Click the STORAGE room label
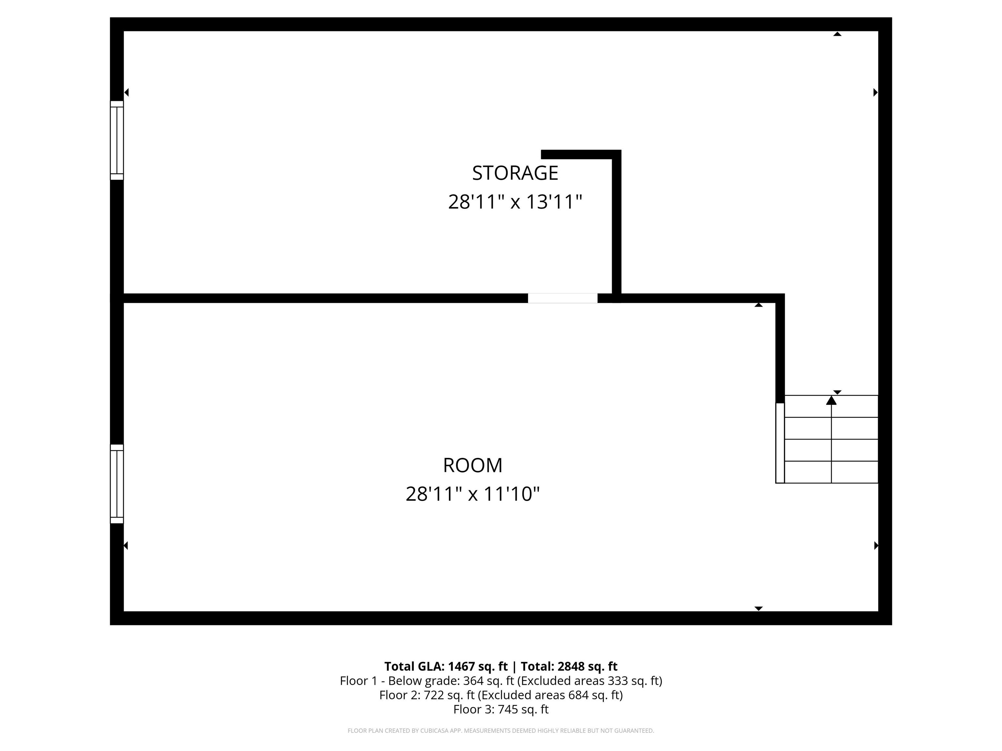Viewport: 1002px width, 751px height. click(x=515, y=173)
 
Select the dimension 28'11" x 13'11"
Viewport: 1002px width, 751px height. click(x=515, y=202)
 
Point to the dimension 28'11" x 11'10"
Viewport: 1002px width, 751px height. click(x=473, y=494)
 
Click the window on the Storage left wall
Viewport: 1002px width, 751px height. click(x=117, y=140)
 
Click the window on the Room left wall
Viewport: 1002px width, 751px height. click(x=117, y=484)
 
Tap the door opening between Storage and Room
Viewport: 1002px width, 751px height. click(x=563, y=298)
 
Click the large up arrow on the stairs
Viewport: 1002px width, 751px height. click(x=831, y=400)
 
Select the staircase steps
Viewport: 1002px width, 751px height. click(x=831, y=439)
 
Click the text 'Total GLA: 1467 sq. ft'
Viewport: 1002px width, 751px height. click(x=446, y=666)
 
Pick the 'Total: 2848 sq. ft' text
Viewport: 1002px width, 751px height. click(x=569, y=666)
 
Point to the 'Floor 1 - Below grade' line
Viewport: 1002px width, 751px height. click(x=501, y=681)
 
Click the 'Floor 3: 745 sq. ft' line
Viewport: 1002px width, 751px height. click(x=501, y=709)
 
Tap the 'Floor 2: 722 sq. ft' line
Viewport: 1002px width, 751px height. click(x=501, y=695)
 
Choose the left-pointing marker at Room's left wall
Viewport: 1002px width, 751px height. click(x=126, y=545)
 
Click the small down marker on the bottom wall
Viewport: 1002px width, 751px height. click(x=759, y=609)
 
